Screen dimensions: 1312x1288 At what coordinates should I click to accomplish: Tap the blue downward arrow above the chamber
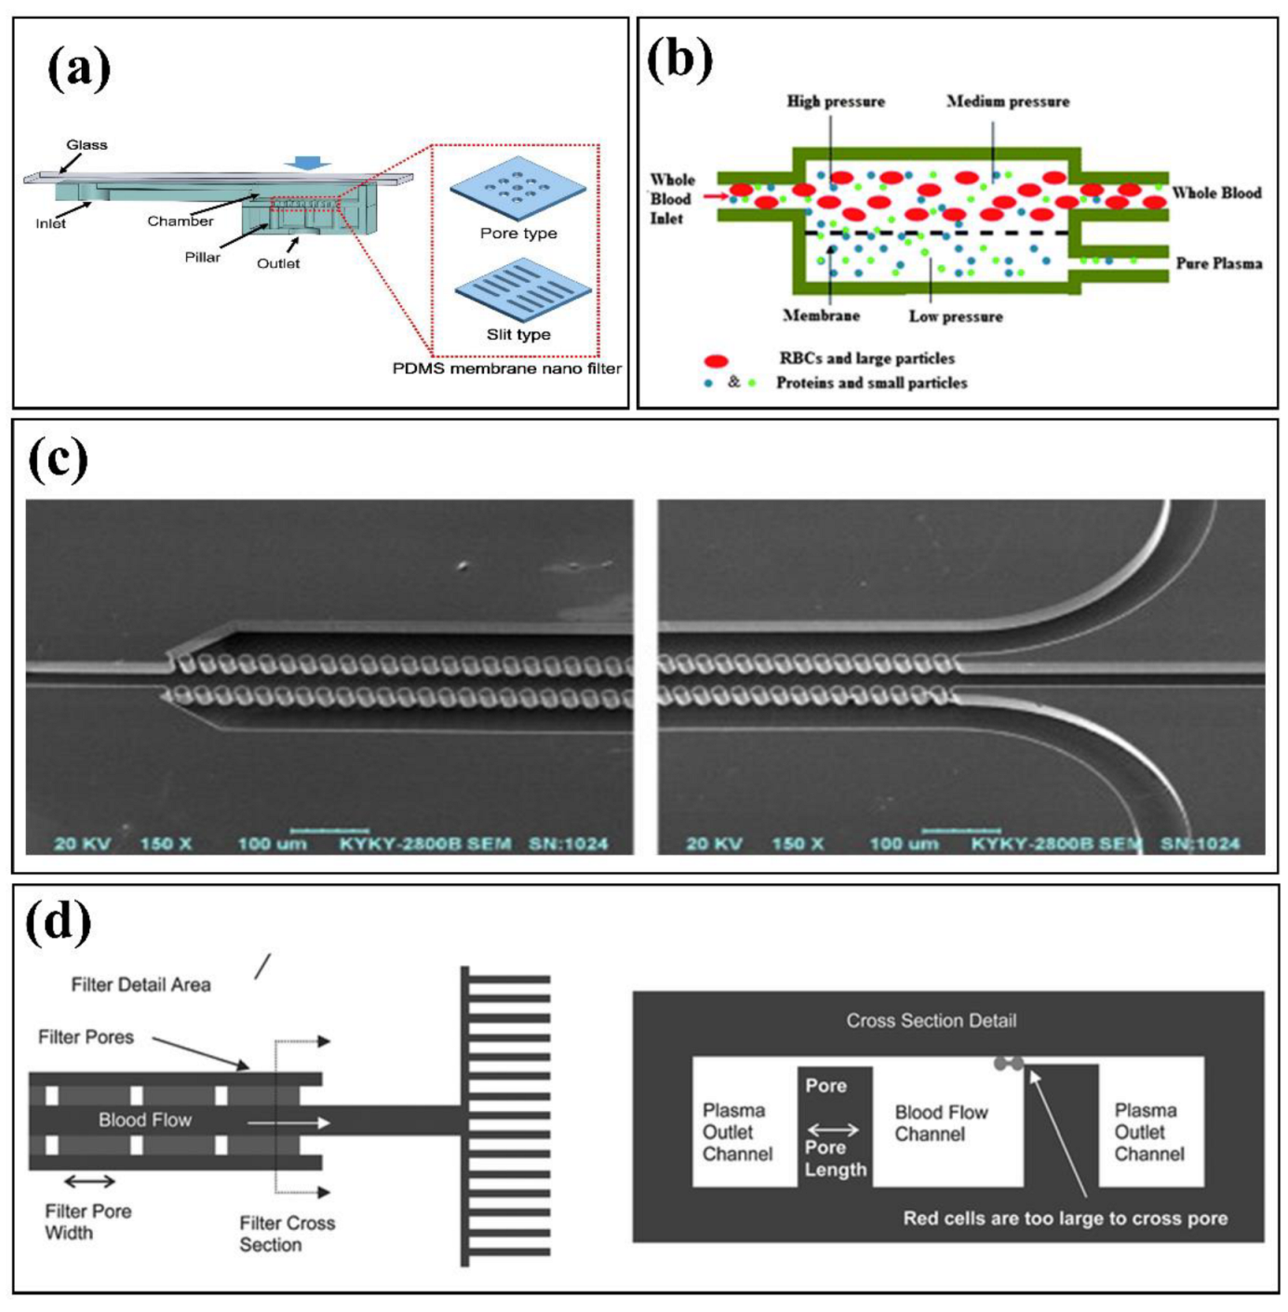point(308,163)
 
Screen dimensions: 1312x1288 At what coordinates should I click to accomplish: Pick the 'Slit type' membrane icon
point(523,291)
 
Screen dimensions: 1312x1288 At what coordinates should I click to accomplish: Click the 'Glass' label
point(87,144)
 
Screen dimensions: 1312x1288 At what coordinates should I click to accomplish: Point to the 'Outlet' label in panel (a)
point(278,263)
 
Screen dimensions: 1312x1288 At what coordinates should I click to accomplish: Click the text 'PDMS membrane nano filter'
point(506,368)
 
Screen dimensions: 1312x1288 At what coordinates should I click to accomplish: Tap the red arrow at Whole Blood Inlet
point(714,196)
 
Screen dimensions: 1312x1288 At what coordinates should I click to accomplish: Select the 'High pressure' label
point(836,101)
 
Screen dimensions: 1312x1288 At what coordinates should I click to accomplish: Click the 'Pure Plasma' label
point(1218,263)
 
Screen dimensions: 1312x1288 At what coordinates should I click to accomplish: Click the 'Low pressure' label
point(956,316)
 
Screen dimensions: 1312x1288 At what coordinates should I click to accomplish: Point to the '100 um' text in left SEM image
point(272,844)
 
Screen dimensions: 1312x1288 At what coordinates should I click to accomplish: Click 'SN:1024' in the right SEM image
point(1200,844)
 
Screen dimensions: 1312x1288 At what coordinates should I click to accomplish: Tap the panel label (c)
point(58,458)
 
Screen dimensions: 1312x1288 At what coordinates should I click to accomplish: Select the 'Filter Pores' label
point(86,1037)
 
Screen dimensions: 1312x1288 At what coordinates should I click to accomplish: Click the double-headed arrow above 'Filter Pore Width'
point(89,1182)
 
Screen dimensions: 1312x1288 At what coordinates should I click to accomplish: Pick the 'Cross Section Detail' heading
point(931,1021)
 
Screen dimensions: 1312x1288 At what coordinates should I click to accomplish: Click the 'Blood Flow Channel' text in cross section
point(941,1123)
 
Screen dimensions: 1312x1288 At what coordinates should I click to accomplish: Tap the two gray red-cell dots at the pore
point(1009,1064)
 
